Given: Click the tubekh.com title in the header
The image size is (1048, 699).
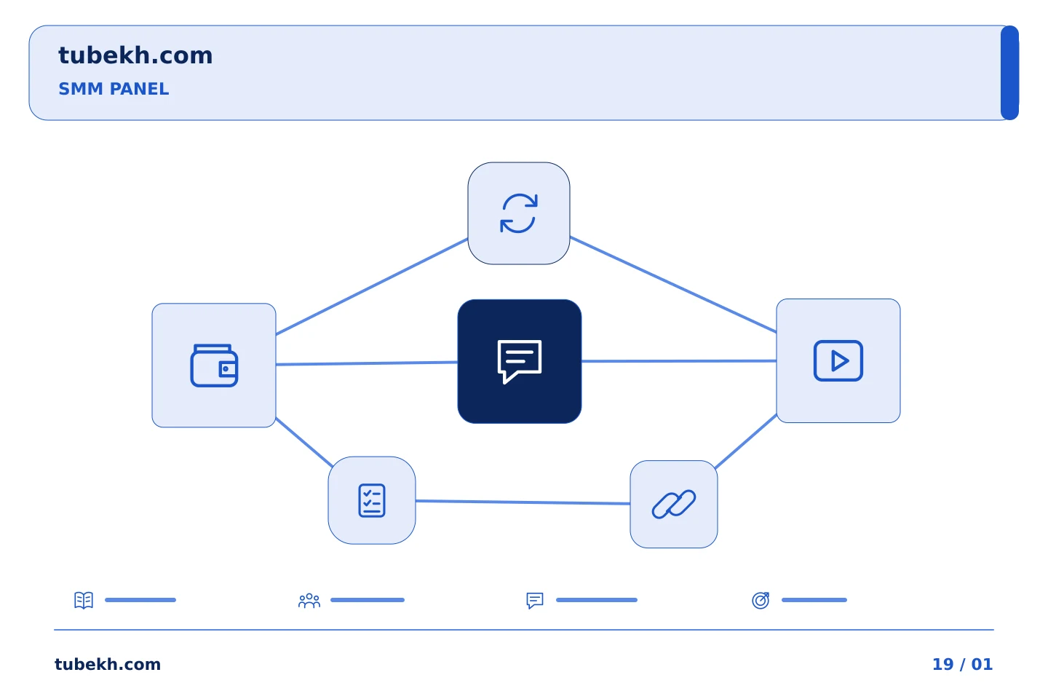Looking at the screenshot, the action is pyautogui.click(x=135, y=55).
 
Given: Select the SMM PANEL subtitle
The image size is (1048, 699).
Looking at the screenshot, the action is pyautogui.click(x=114, y=89).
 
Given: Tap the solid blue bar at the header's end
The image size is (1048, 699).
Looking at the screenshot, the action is pyautogui.click(x=1009, y=73).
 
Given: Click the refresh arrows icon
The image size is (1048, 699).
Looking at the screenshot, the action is pyautogui.click(x=519, y=213).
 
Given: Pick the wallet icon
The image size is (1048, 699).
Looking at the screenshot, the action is pyautogui.click(x=214, y=366).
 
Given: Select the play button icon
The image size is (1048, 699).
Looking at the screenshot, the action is pyautogui.click(x=838, y=361).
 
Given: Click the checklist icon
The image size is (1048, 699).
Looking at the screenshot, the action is pyautogui.click(x=372, y=500).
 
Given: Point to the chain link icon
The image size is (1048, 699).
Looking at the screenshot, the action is pyautogui.click(x=674, y=505).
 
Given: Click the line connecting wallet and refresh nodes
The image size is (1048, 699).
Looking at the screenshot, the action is pyautogui.click(x=372, y=287).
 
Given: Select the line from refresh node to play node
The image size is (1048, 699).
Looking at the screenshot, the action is pyautogui.click(x=673, y=284).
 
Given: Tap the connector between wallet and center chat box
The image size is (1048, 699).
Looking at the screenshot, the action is pyautogui.click(x=367, y=363).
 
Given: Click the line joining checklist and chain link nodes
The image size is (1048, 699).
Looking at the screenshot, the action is pyautogui.click(x=523, y=502).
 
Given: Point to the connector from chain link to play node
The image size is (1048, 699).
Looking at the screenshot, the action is pyautogui.click(x=746, y=441).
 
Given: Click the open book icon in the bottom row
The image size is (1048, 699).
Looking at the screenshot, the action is pyautogui.click(x=84, y=600).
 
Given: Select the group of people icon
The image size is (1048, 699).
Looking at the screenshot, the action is pyautogui.click(x=309, y=601).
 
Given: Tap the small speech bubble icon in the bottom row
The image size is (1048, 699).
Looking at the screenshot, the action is pyautogui.click(x=535, y=600).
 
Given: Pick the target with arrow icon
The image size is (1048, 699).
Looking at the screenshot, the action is pyautogui.click(x=761, y=600).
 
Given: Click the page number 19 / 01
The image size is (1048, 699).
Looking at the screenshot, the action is pyautogui.click(x=962, y=664).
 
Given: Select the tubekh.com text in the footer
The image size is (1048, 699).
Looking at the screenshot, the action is pyautogui.click(x=108, y=664).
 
